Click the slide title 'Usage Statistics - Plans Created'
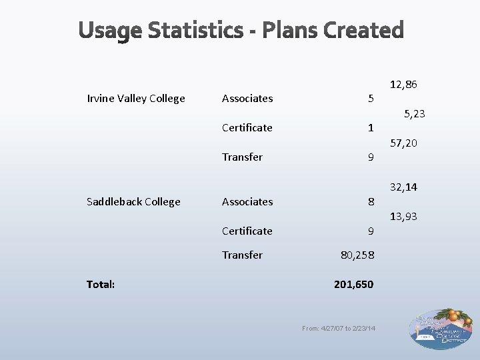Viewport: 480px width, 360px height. click(241, 31)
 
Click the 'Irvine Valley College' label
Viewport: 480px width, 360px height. click(136, 99)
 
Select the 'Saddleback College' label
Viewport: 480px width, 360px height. click(133, 201)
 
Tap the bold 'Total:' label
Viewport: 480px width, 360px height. click(101, 284)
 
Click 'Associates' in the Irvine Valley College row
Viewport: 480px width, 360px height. click(247, 99)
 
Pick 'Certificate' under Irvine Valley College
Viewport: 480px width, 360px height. click(247, 127)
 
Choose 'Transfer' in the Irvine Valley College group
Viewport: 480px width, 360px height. click(242, 157)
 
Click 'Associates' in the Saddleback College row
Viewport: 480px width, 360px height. click(247, 201)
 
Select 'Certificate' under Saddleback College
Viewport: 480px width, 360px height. click(247, 231)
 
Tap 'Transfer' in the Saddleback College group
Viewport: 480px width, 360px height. click(242, 255)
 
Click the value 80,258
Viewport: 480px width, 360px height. click(357, 255)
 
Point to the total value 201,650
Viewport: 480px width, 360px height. click(353, 284)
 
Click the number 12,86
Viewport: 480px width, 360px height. click(404, 85)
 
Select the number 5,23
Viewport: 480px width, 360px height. click(413, 114)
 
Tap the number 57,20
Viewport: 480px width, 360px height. click(404, 143)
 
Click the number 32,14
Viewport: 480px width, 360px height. click(404, 187)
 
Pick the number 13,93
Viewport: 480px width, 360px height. click(404, 217)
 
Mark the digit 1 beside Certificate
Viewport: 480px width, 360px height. click(371, 127)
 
